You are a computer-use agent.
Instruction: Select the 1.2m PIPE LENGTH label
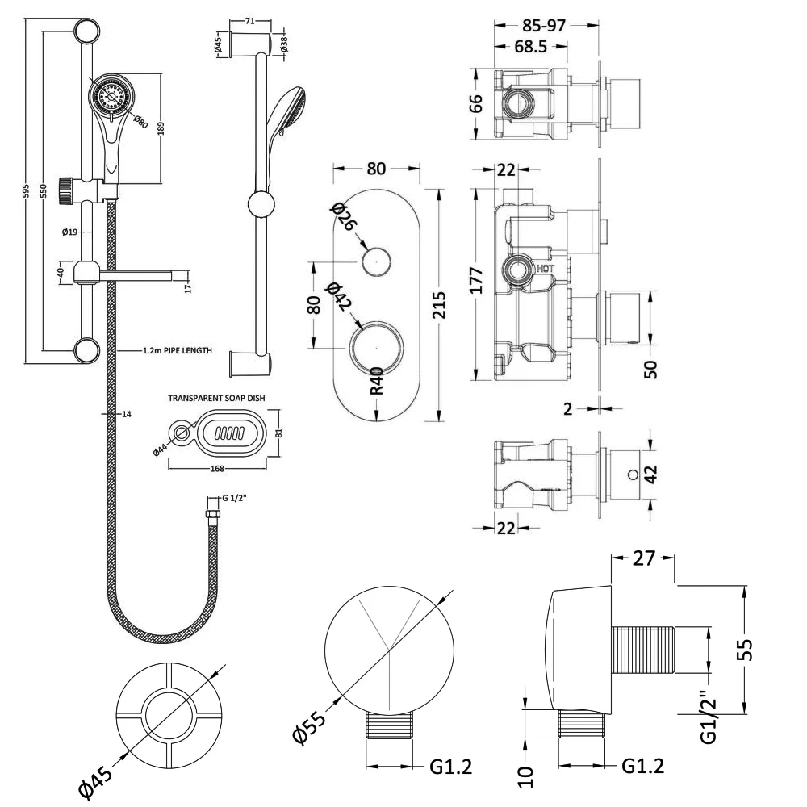(x=177, y=351)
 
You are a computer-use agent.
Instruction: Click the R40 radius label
(x=377, y=380)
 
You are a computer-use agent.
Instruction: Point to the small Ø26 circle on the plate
(x=376, y=262)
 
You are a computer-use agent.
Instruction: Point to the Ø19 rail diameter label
(x=69, y=232)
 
